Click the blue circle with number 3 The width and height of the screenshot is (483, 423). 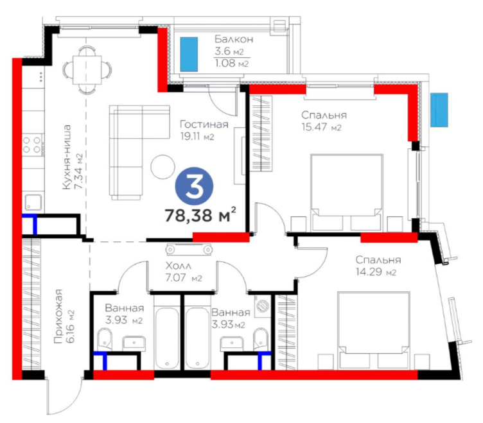pyautogui.click(x=194, y=186)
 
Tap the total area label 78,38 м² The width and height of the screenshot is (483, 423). pyautogui.click(x=200, y=215)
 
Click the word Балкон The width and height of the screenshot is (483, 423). pyautogui.click(x=234, y=39)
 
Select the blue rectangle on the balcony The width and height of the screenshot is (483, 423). pyautogui.click(x=189, y=54)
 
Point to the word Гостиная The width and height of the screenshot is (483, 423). pyautogui.click(x=204, y=125)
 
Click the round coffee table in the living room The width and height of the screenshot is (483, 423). pyautogui.click(x=162, y=166)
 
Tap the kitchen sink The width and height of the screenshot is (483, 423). pyautogui.click(x=33, y=202)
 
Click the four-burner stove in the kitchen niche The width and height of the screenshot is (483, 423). pyautogui.click(x=32, y=145)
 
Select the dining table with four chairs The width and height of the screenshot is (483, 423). pyautogui.click(x=87, y=69)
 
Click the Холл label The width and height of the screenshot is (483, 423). pyautogui.click(x=179, y=266)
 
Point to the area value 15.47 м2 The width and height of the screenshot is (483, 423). pyautogui.click(x=322, y=127)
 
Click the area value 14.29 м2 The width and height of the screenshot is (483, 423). pyautogui.click(x=376, y=272)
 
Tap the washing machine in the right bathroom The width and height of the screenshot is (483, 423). pyautogui.click(x=263, y=306)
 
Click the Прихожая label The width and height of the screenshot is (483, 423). pyautogui.click(x=58, y=316)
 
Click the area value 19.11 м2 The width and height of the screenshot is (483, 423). pyautogui.click(x=197, y=136)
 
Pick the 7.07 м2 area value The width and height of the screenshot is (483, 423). pyautogui.click(x=184, y=278)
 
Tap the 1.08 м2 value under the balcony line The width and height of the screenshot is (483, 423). pyautogui.click(x=232, y=63)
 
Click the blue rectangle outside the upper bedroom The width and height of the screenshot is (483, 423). pyautogui.click(x=439, y=110)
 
